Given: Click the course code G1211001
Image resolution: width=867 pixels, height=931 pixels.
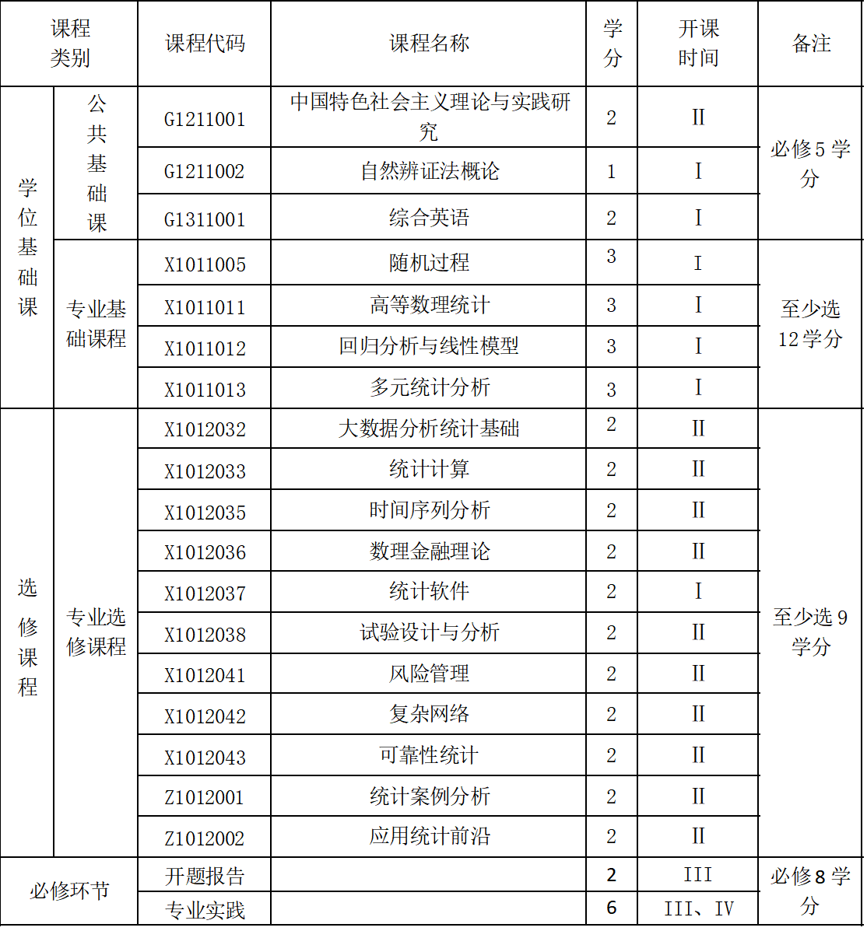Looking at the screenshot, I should point(204,119).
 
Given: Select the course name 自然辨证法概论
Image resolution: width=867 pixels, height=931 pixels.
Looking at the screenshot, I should point(430,171).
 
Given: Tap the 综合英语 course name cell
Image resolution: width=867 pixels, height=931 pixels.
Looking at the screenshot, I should point(430,218).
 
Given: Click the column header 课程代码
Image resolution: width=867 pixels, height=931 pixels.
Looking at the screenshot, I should point(205,44).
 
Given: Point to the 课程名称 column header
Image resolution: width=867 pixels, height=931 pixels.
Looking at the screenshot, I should point(430,44).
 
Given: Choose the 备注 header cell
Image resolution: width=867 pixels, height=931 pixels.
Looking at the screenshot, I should point(811,44).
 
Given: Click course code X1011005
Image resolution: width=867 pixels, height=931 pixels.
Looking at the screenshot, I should point(205,264).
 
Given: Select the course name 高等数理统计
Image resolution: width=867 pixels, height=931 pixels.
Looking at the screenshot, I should point(430,306).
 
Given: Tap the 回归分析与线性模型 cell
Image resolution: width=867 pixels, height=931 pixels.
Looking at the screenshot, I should point(430,347).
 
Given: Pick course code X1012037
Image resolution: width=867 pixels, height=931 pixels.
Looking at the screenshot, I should point(205,593).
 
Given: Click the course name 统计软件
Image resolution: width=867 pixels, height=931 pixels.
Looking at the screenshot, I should point(430,592).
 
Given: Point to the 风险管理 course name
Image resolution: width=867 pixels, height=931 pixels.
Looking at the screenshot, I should point(430,674).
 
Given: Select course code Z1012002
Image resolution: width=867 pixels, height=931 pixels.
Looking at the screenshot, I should point(205,838).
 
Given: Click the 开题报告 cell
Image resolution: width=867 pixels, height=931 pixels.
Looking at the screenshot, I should point(205,877).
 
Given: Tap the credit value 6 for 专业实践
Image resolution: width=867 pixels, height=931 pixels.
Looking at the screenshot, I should point(612,908).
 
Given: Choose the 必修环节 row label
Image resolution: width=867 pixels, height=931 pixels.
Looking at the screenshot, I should point(69,891).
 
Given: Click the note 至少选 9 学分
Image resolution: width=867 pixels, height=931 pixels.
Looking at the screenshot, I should point(811,632).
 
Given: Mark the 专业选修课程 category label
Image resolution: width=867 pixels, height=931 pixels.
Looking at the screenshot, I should point(96,632).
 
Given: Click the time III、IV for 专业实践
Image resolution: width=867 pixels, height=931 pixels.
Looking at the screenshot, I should point(698,908).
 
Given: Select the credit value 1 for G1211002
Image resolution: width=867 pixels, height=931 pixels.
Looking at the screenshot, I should point(612,171).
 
